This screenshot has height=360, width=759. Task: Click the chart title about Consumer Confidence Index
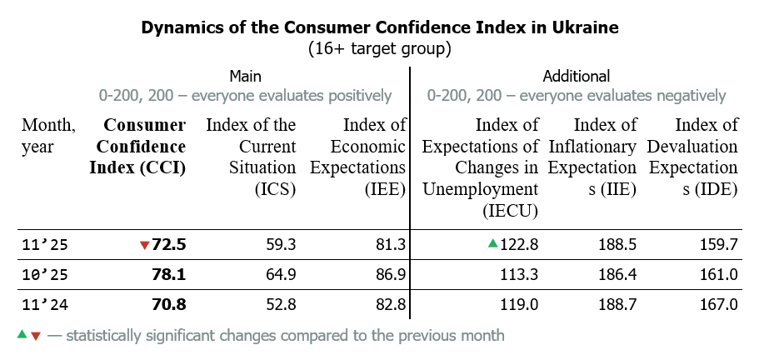coord(380,27)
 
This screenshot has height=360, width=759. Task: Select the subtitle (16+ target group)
coord(380,48)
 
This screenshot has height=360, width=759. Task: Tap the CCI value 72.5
coord(169,245)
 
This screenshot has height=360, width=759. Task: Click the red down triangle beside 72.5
coord(145,245)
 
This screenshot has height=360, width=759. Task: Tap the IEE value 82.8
coord(389,304)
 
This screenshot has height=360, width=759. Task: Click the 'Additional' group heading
coord(577,76)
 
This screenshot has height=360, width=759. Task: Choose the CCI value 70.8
coord(169,304)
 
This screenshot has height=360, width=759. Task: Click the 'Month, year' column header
coord(48,136)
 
